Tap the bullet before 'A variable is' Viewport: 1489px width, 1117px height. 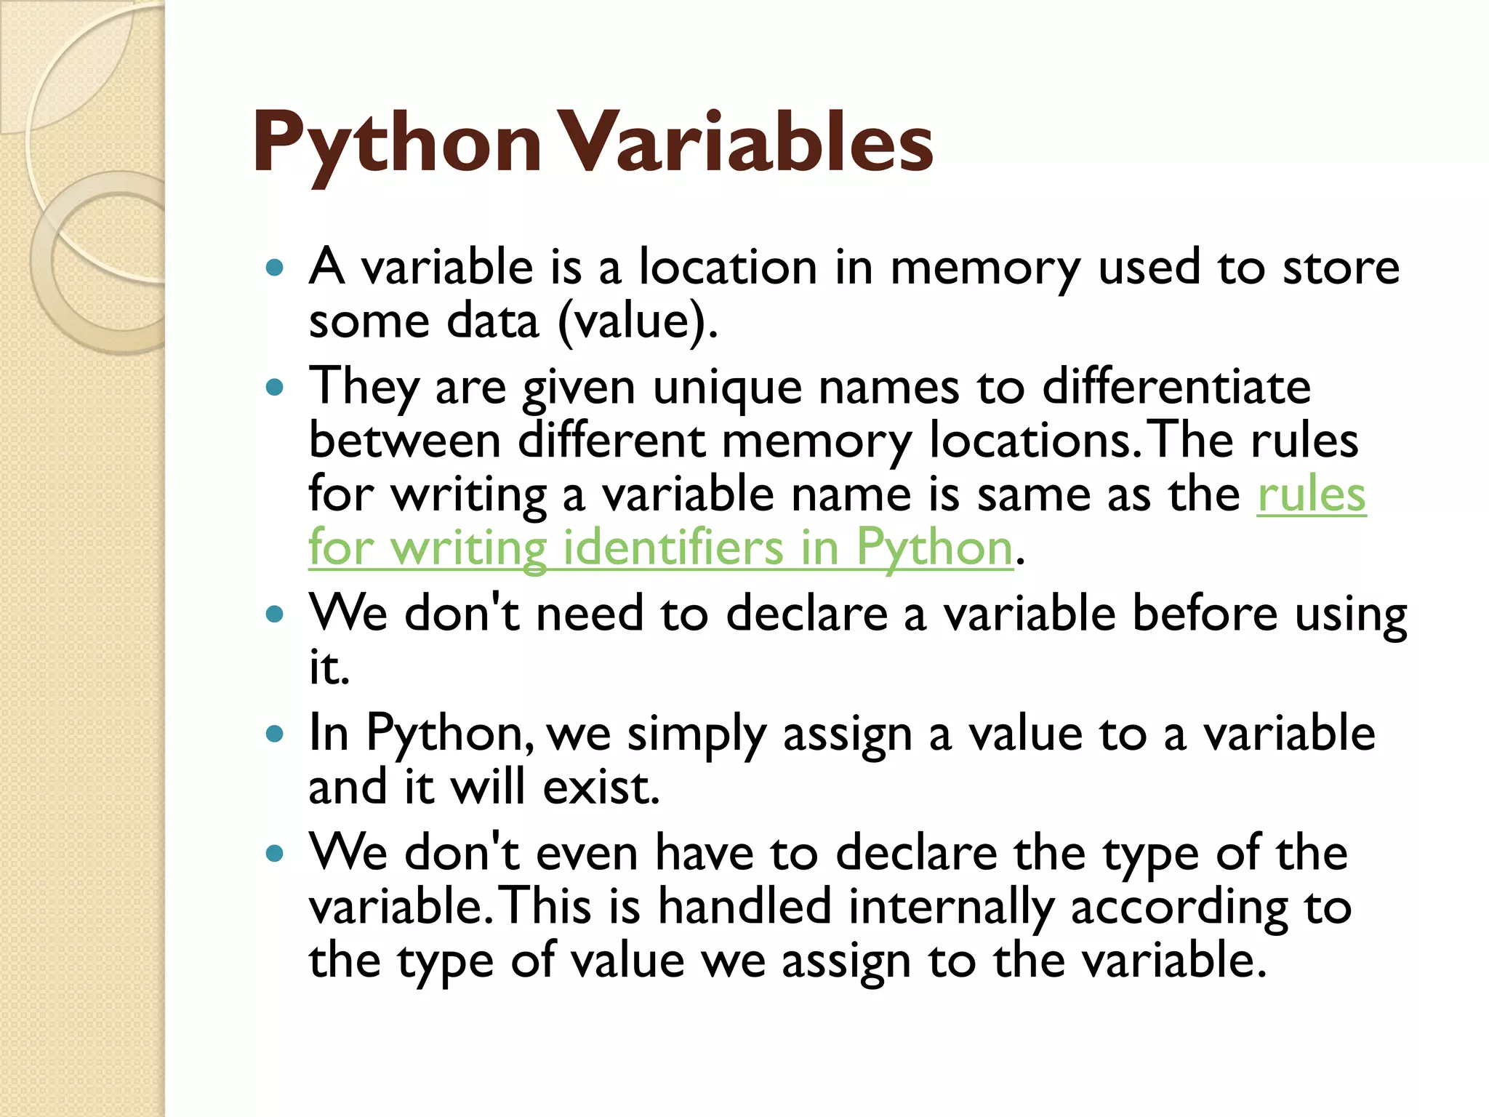click(274, 268)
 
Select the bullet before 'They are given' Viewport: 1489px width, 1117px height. click(274, 387)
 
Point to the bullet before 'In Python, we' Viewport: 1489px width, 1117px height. click(274, 734)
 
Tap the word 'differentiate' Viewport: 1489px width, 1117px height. click(1176, 386)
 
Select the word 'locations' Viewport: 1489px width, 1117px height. click(1032, 441)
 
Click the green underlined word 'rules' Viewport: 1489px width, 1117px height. click(1311, 495)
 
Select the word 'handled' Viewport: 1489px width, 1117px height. click(744, 906)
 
